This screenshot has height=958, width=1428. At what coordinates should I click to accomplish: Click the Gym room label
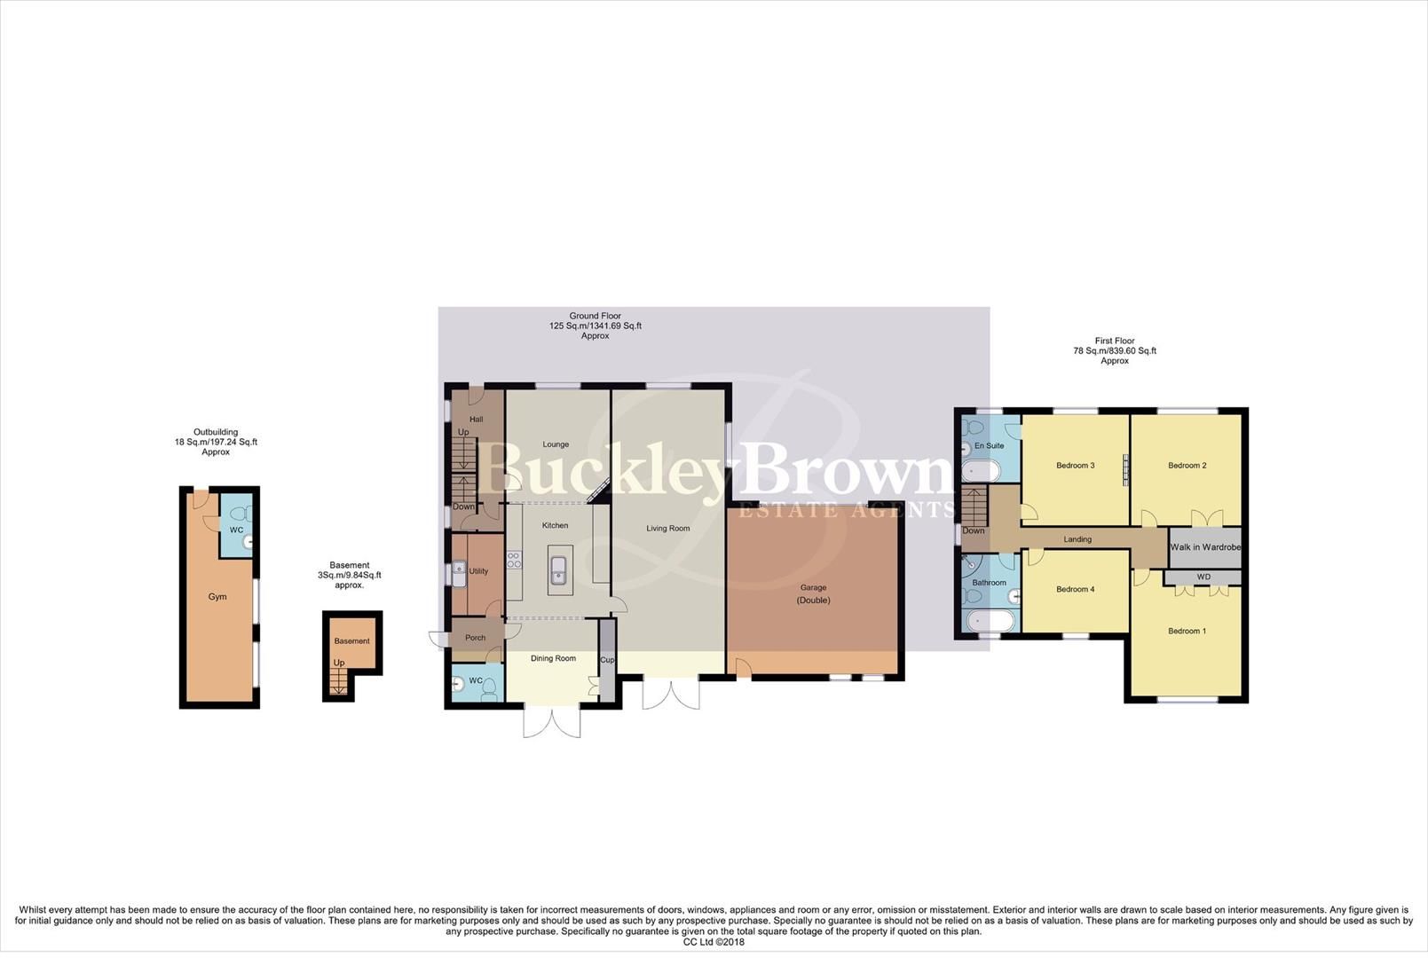pyautogui.click(x=217, y=597)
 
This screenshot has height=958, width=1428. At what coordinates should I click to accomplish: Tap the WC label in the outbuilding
pyautogui.click(x=236, y=530)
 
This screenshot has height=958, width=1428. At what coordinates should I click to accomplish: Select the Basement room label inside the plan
pyautogui.click(x=352, y=641)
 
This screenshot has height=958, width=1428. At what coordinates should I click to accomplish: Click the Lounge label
pyautogui.click(x=556, y=444)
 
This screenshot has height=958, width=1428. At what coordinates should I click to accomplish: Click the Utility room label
pyautogui.click(x=478, y=571)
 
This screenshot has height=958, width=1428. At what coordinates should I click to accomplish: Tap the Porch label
pyautogui.click(x=475, y=638)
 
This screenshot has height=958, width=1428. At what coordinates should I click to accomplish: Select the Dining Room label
pyautogui.click(x=553, y=658)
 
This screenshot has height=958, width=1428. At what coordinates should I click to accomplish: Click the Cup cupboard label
pyautogui.click(x=607, y=660)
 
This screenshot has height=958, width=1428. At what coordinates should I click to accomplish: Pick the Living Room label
pyautogui.click(x=667, y=529)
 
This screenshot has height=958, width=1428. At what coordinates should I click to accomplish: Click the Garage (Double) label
pyautogui.click(x=813, y=593)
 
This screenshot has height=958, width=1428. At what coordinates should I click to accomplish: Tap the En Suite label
pyautogui.click(x=989, y=446)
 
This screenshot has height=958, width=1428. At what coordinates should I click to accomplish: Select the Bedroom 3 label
pyautogui.click(x=1075, y=466)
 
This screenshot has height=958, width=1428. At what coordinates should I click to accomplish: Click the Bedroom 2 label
pyautogui.click(x=1187, y=466)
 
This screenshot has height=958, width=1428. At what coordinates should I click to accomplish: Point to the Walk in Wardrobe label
pyautogui.click(x=1204, y=547)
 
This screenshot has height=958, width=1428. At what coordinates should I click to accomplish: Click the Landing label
pyautogui.click(x=1077, y=539)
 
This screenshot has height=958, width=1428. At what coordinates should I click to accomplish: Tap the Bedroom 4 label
pyautogui.click(x=1075, y=589)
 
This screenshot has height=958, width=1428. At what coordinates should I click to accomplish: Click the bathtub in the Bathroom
pyautogui.click(x=986, y=620)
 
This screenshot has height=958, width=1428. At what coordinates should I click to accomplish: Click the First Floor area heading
pyautogui.click(x=1115, y=341)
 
